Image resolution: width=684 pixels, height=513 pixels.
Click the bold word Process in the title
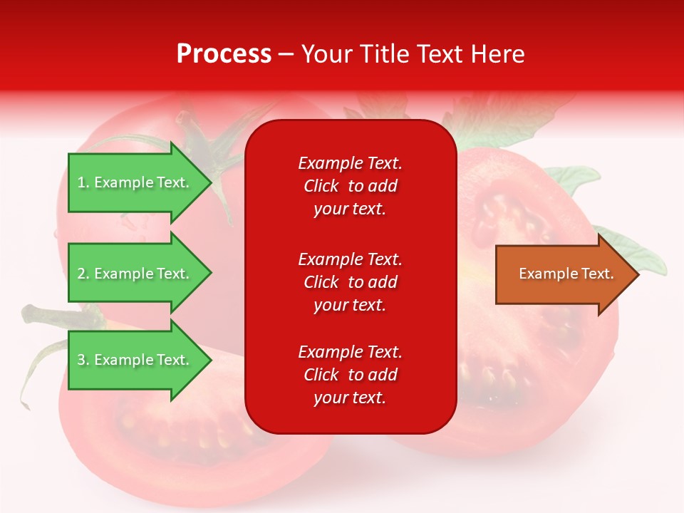pyautogui.click(x=224, y=54)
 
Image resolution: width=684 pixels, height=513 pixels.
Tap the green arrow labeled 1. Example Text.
pyautogui.click(x=135, y=182)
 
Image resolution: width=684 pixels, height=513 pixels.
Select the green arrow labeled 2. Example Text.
pyautogui.click(x=135, y=274)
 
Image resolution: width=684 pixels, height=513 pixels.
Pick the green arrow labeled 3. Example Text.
pyautogui.click(x=135, y=360)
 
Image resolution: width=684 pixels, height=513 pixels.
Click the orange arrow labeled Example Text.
pyautogui.click(x=563, y=274)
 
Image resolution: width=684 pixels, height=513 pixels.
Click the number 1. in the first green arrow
pyautogui.click(x=83, y=182)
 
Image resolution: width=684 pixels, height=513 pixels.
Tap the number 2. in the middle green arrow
pyautogui.click(x=83, y=274)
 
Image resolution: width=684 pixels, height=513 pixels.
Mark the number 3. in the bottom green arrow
pyautogui.click(x=83, y=360)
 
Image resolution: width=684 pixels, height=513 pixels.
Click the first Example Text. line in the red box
pyautogui.click(x=350, y=163)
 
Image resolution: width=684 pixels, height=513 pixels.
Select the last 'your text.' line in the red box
pyautogui.click(x=350, y=398)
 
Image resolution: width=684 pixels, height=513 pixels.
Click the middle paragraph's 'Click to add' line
pyautogui.click(x=350, y=282)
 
